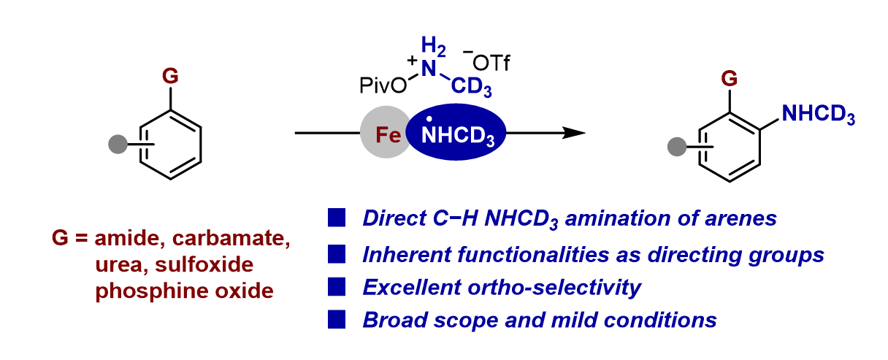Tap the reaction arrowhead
[x=575, y=134]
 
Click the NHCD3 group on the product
[x=817, y=115]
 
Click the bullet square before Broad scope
[x=337, y=319]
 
